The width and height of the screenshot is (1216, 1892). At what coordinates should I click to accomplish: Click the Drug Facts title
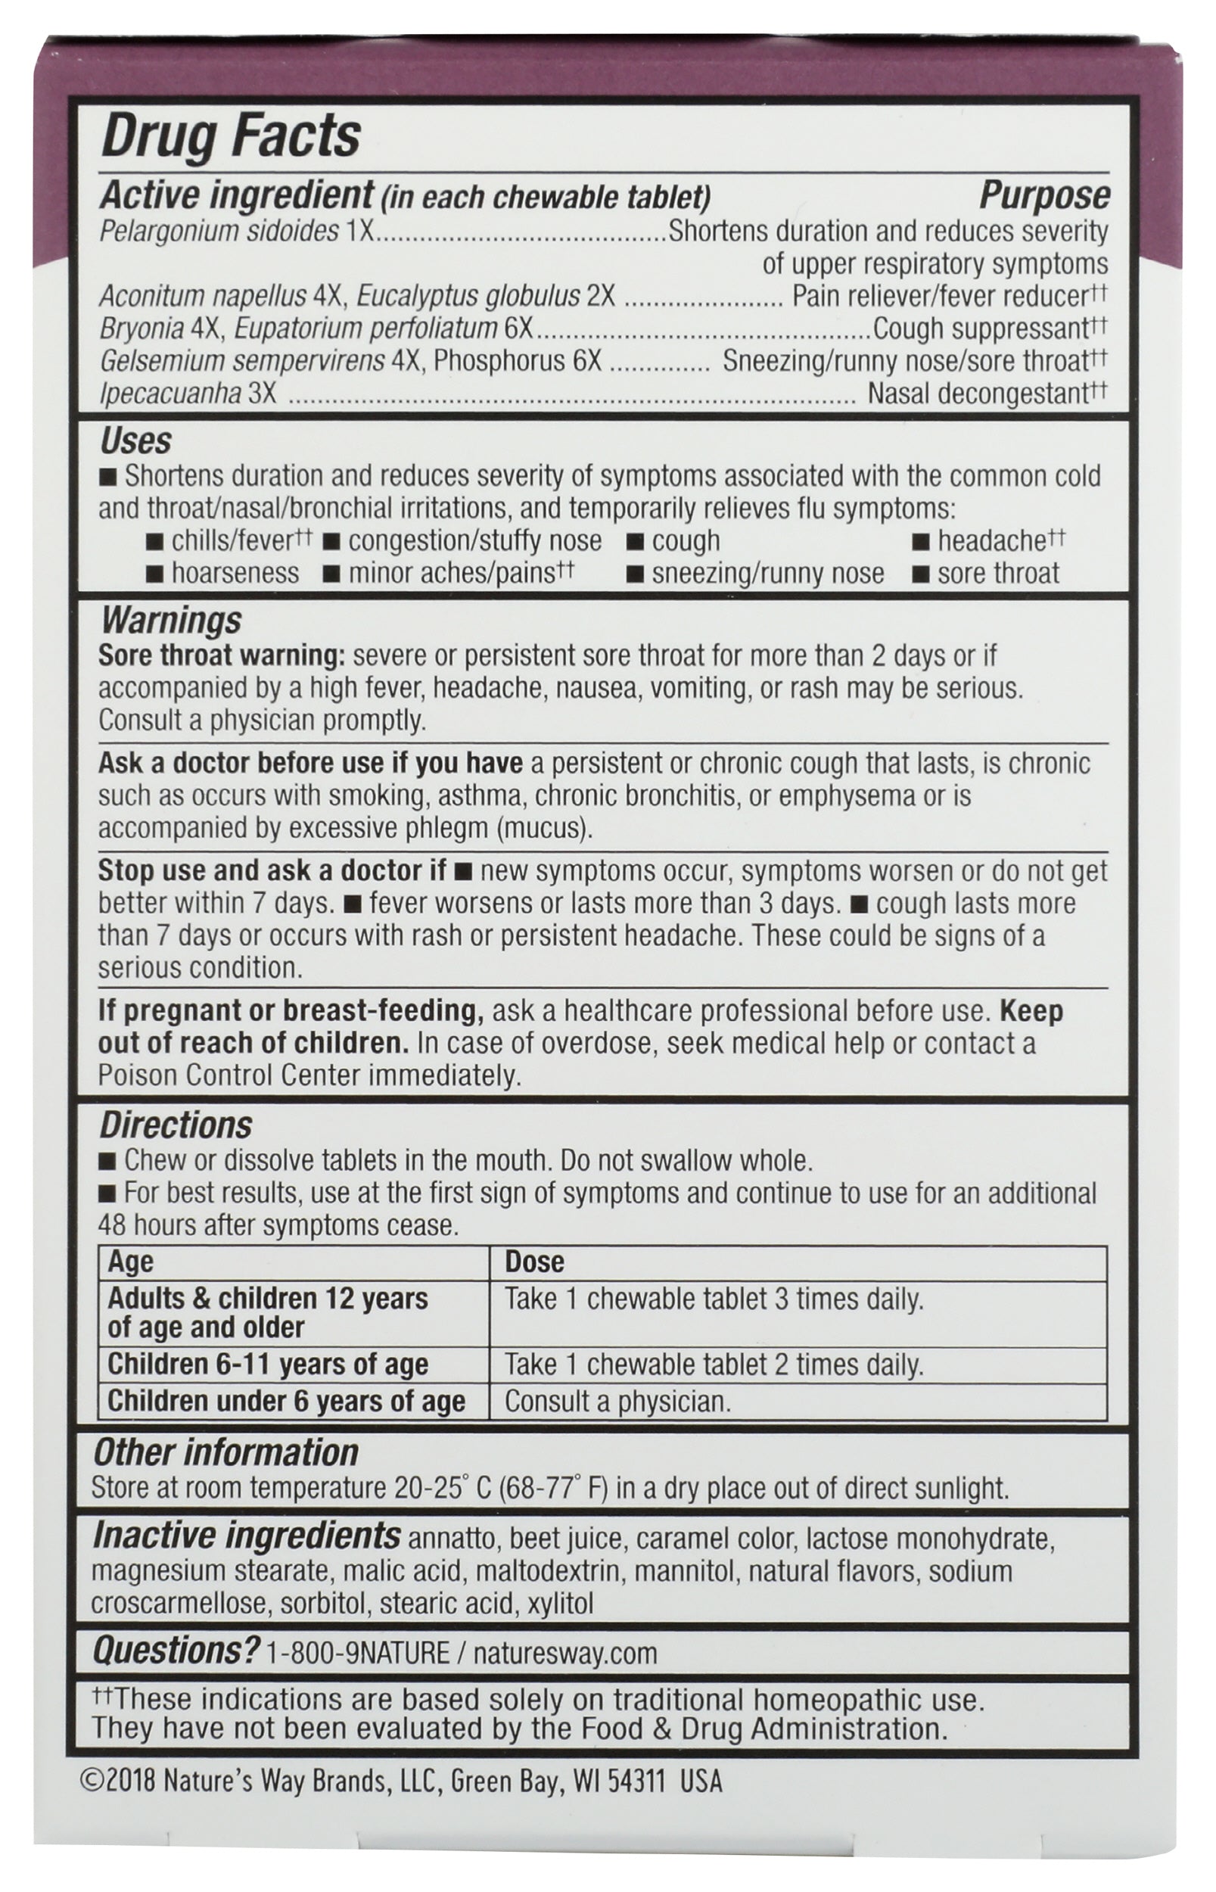(x=231, y=137)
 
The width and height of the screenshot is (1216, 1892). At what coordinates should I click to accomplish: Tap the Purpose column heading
(x=1044, y=197)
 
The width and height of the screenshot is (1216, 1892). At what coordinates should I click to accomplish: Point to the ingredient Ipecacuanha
(x=169, y=394)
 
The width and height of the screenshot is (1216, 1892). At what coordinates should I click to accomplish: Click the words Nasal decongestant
(x=978, y=394)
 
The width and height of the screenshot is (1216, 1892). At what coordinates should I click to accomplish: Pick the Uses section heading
(x=135, y=441)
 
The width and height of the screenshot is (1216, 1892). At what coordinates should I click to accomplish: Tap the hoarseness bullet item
(x=235, y=574)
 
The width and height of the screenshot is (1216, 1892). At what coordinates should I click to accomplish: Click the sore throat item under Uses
(x=998, y=574)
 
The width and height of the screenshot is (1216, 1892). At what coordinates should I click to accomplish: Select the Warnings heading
(x=170, y=621)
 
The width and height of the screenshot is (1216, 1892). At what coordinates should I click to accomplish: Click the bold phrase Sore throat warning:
(x=222, y=655)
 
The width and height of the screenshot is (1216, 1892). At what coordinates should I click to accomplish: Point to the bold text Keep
(x=1031, y=1011)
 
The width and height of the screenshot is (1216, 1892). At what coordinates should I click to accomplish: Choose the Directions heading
(x=176, y=1125)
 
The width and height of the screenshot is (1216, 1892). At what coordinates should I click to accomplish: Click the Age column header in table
(x=130, y=1262)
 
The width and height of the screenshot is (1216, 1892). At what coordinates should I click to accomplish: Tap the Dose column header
(x=534, y=1262)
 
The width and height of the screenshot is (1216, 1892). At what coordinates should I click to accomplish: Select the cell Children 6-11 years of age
(x=268, y=1365)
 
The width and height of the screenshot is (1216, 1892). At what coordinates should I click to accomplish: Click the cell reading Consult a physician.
(x=617, y=1401)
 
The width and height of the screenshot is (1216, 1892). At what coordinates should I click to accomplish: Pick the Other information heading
(x=225, y=1453)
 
